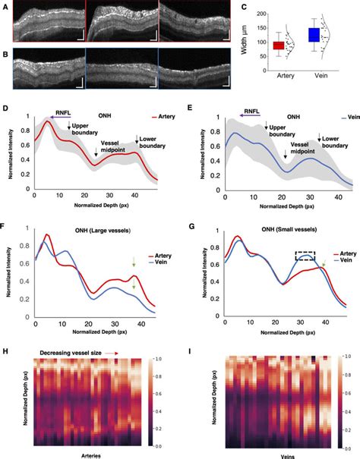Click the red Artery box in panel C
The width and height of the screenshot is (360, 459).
point(279,46)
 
